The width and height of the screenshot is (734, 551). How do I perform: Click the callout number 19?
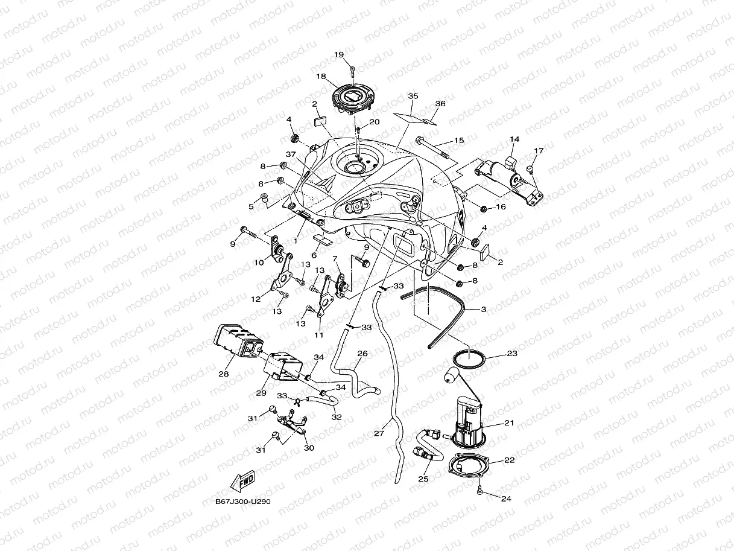[x=339, y=55]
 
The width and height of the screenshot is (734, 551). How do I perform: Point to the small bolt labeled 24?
[x=479, y=492]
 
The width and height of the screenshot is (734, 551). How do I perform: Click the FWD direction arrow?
[x=242, y=482]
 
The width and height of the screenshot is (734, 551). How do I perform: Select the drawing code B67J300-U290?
[x=238, y=501]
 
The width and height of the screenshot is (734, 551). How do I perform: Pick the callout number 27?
[x=379, y=433]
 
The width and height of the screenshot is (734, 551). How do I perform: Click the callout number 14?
[x=514, y=139]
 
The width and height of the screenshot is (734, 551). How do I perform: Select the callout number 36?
[x=440, y=104]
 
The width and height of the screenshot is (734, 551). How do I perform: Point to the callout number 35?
[x=413, y=97]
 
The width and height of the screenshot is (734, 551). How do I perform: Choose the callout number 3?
[x=483, y=309]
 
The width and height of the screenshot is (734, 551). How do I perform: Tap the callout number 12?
[x=256, y=298]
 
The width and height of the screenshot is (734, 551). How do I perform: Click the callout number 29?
[x=261, y=393]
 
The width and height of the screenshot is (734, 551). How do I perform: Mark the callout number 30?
[x=309, y=448]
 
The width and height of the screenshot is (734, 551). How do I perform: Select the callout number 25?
[x=423, y=479]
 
